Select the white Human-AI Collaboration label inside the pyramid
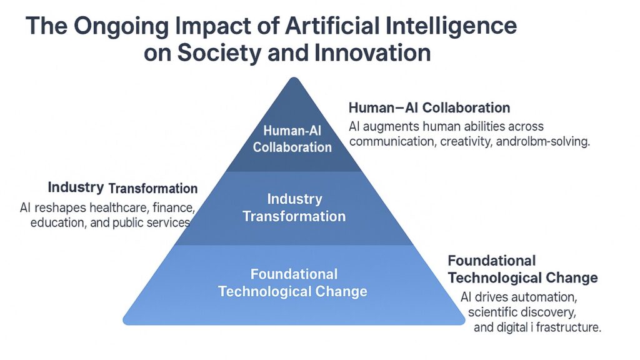(x=292, y=139)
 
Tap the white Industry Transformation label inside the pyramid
(x=294, y=207)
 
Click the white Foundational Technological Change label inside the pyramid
(x=293, y=282)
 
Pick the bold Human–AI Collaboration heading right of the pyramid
(x=429, y=107)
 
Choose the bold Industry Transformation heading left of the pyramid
(x=122, y=187)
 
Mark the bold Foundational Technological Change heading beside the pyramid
(x=522, y=269)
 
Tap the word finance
(x=175, y=207)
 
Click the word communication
(x=391, y=142)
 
